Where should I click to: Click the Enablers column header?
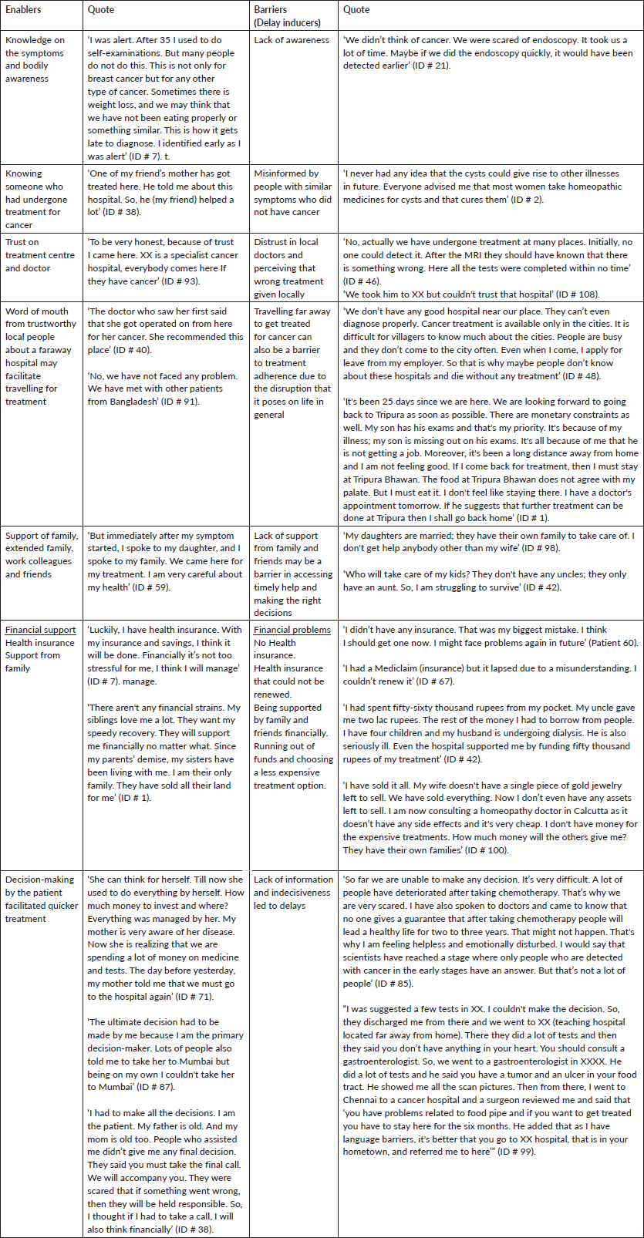coord(23,10)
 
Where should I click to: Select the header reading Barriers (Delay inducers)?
coord(281,16)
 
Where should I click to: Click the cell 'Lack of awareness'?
coord(292,40)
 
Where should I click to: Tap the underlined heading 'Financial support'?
coord(41,630)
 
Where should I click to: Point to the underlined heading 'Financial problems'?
coord(292,630)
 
